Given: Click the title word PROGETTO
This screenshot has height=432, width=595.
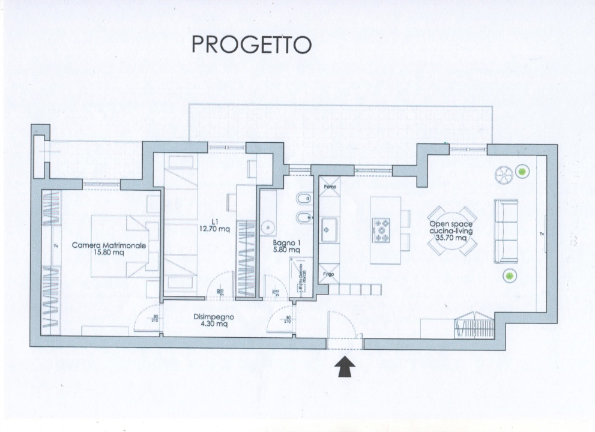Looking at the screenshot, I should pyautogui.click(x=251, y=44).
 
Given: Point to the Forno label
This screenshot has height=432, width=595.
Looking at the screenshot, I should pyautogui.click(x=330, y=186).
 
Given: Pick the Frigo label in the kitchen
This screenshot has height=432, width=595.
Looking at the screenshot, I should pyautogui.click(x=330, y=274).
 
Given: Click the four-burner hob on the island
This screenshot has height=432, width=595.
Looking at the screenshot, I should pyautogui.click(x=382, y=230).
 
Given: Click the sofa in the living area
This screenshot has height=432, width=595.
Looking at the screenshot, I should pyautogui.click(x=506, y=230).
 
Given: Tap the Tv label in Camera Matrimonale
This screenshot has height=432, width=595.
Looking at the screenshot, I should pyautogui.click(x=56, y=245).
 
